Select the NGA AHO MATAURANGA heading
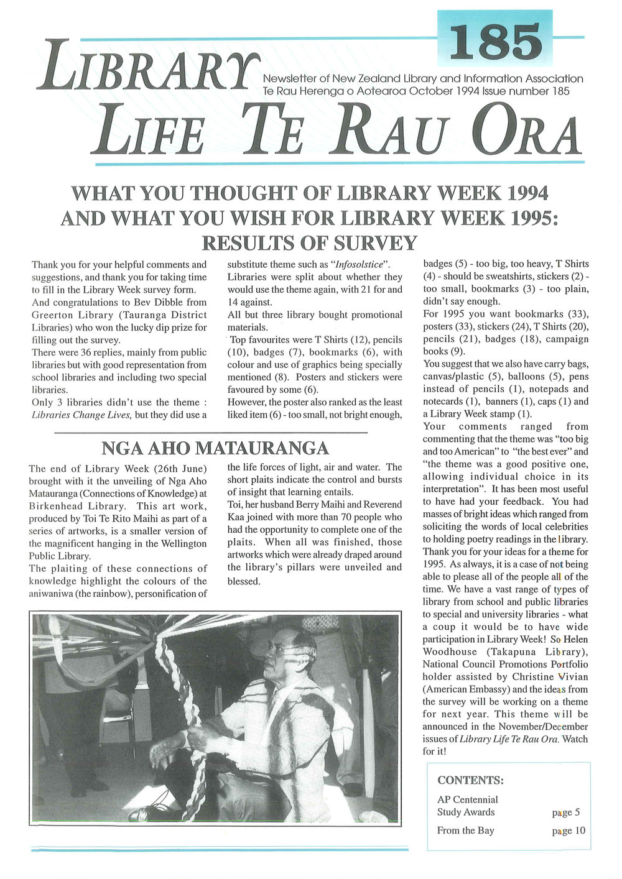tap(215, 448)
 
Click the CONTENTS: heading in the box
tap(470, 780)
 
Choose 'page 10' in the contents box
tap(568, 831)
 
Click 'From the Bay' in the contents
tap(465, 831)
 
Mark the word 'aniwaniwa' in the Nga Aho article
tap(52, 594)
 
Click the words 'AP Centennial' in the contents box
tap(467, 799)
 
